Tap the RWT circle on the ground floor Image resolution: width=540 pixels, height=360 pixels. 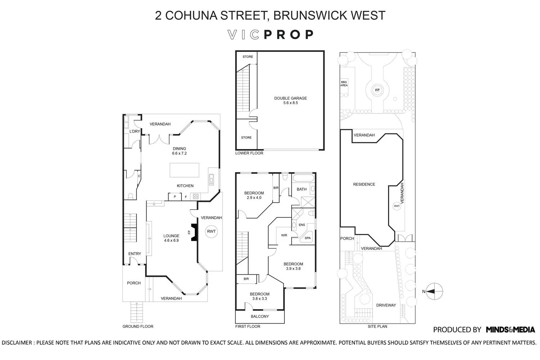(211, 231)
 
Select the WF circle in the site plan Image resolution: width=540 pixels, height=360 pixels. (377, 90)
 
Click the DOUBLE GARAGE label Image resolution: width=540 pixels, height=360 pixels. (291, 98)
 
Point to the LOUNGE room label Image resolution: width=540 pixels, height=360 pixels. (171, 236)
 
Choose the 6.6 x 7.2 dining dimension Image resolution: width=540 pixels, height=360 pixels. (179, 153)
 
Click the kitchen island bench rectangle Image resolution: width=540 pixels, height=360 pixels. (184, 170)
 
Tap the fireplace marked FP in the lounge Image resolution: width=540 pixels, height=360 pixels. (194, 232)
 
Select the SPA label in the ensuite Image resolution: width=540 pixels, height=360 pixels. (307, 238)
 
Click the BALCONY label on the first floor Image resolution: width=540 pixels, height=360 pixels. (260, 316)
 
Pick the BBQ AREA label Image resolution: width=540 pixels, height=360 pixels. (344, 84)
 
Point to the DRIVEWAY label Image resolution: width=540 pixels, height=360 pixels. (386, 305)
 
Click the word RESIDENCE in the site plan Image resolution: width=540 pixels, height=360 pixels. (364, 184)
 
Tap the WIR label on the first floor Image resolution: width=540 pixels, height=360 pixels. (284, 235)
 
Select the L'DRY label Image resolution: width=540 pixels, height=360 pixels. (135, 131)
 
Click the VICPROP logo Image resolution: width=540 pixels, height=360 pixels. (271, 35)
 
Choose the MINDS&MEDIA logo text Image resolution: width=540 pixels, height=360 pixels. (510, 329)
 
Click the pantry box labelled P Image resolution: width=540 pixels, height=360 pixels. (175, 197)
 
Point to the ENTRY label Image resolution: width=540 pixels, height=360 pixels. (135, 254)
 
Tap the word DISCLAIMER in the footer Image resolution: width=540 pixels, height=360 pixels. (17, 343)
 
